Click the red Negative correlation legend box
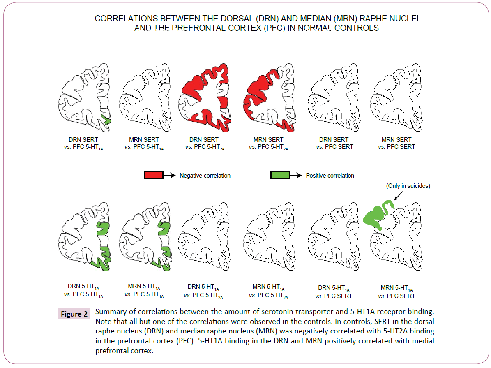pos(154,176)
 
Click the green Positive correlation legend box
pos(280,176)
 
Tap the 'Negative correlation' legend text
pos(205,176)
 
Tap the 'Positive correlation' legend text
pos(330,176)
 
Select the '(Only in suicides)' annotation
pos(408,186)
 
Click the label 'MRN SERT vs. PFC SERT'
pos(397,143)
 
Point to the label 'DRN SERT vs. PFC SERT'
pos(334,143)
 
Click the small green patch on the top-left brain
pos(107,120)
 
